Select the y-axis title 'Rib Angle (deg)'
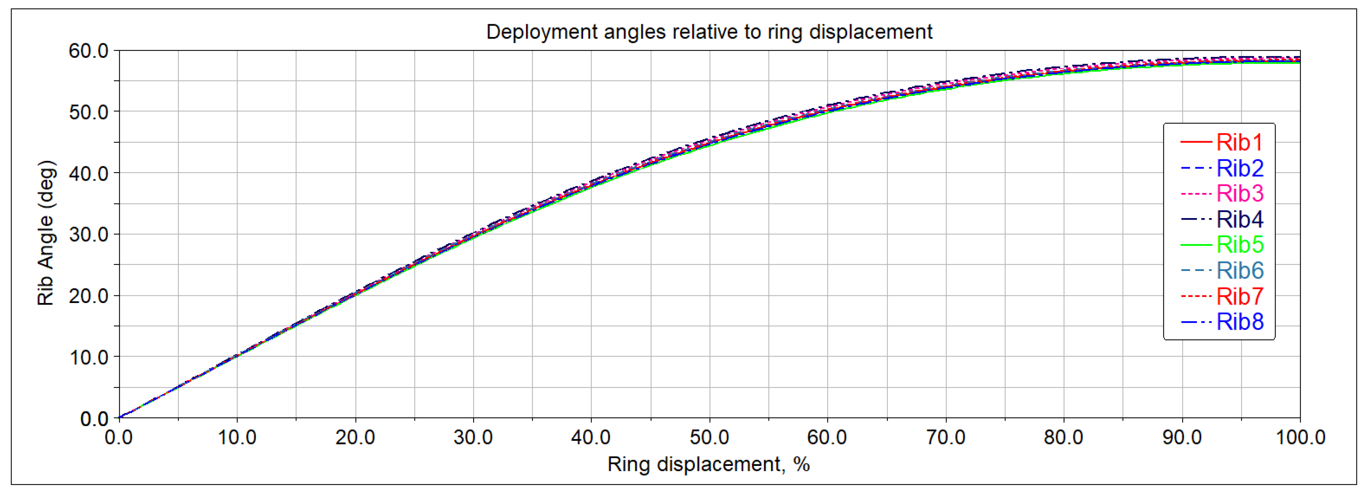46,233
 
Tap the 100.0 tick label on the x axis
1300,437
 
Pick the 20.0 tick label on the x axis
355,437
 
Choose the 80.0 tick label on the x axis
1063,437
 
